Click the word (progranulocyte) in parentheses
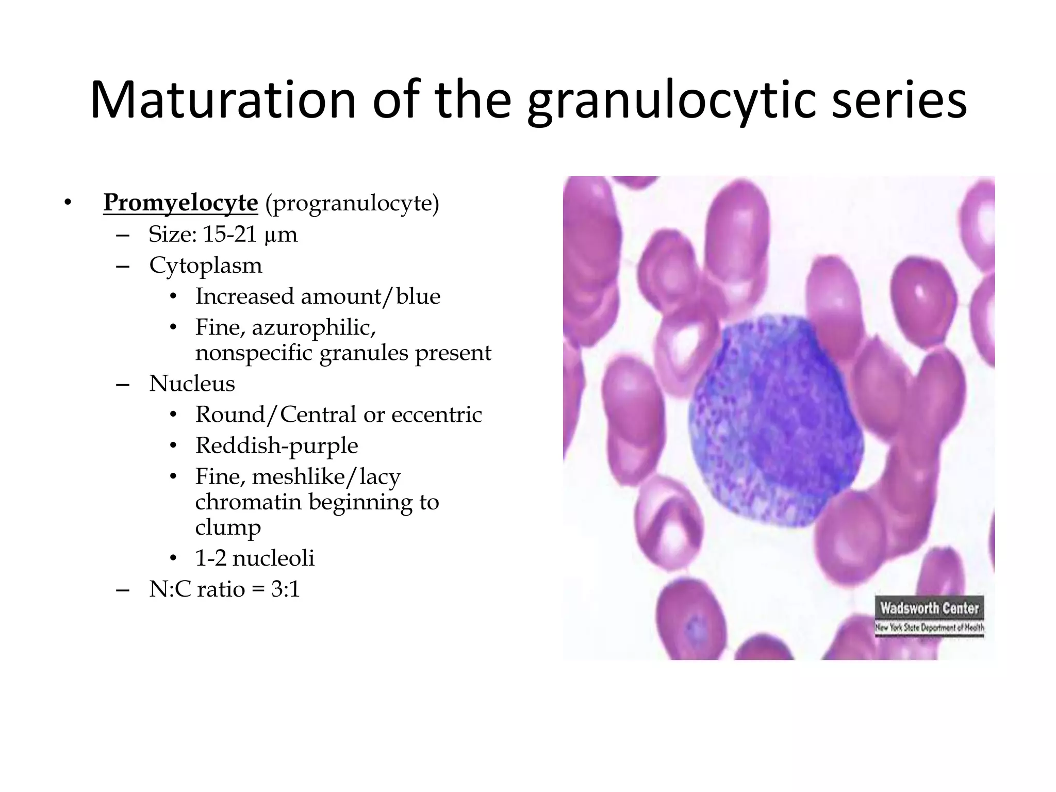tap(352, 204)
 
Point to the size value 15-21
tap(229, 235)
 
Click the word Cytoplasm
tap(206, 266)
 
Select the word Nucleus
tap(192, 384)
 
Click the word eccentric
tap(437, 415)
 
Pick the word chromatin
tap(248, 502)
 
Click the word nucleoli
tap(273, 558)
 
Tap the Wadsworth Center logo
tap(929, 617)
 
